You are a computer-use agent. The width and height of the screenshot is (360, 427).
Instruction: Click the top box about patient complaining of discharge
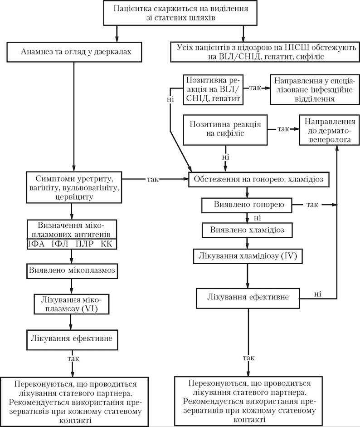[181, 13]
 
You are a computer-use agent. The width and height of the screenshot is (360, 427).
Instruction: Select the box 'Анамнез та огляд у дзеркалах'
[74, 52]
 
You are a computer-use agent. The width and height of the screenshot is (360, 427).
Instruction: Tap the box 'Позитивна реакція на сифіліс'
[225, 130]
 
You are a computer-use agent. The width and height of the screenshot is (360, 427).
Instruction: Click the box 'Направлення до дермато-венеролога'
[329, 130]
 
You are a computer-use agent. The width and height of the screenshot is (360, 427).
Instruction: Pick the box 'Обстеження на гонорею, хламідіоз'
[258, 179]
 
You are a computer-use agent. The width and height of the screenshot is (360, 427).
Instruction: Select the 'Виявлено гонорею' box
[247, 205]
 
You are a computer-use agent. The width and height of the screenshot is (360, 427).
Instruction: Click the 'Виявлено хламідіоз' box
[247, 231]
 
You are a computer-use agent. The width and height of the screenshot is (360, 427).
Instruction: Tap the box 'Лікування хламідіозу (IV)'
[248, 256]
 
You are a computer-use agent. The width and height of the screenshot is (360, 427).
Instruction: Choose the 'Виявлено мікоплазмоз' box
[72, 271]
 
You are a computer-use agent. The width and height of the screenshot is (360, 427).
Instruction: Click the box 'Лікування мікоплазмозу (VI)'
[72, 304]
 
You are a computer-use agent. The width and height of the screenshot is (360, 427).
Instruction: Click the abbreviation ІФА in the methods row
[36, 244]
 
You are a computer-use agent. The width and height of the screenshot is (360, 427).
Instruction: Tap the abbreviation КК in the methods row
[106, 244]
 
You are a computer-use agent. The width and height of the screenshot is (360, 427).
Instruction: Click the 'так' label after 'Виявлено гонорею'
[312, 205]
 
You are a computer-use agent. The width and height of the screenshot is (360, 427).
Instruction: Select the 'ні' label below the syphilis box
[226, 157]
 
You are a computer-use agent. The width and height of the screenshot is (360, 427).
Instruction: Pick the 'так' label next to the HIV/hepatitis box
[255, 88]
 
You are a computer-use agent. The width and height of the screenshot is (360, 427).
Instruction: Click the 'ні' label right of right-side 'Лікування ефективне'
[317, 294]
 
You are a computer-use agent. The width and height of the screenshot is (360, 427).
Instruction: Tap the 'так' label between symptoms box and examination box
[152, 179]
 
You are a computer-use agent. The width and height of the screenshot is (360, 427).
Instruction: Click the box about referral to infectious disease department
[315, 89]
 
